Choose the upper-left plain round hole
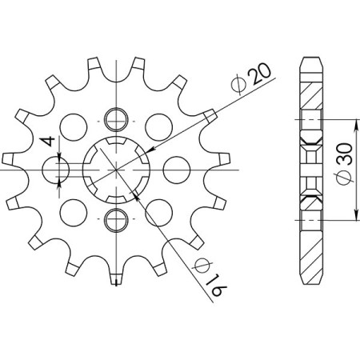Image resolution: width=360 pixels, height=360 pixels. coord(74,126)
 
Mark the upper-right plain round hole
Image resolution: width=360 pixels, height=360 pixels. coord(157,126)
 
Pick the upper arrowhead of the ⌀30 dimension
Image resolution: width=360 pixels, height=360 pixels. coord(354,122)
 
